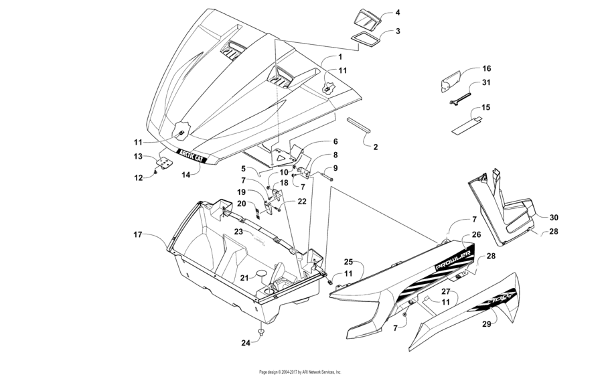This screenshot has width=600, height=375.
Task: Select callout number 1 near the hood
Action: coord(340,58)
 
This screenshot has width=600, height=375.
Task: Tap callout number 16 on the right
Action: coord(487,69)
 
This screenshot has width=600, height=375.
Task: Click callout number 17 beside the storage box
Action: coord(137,234)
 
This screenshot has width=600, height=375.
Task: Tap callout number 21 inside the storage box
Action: coord(244,278)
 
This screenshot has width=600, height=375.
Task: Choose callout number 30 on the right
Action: coord(554,218)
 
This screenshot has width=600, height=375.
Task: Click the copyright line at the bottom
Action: coord(299,371)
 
